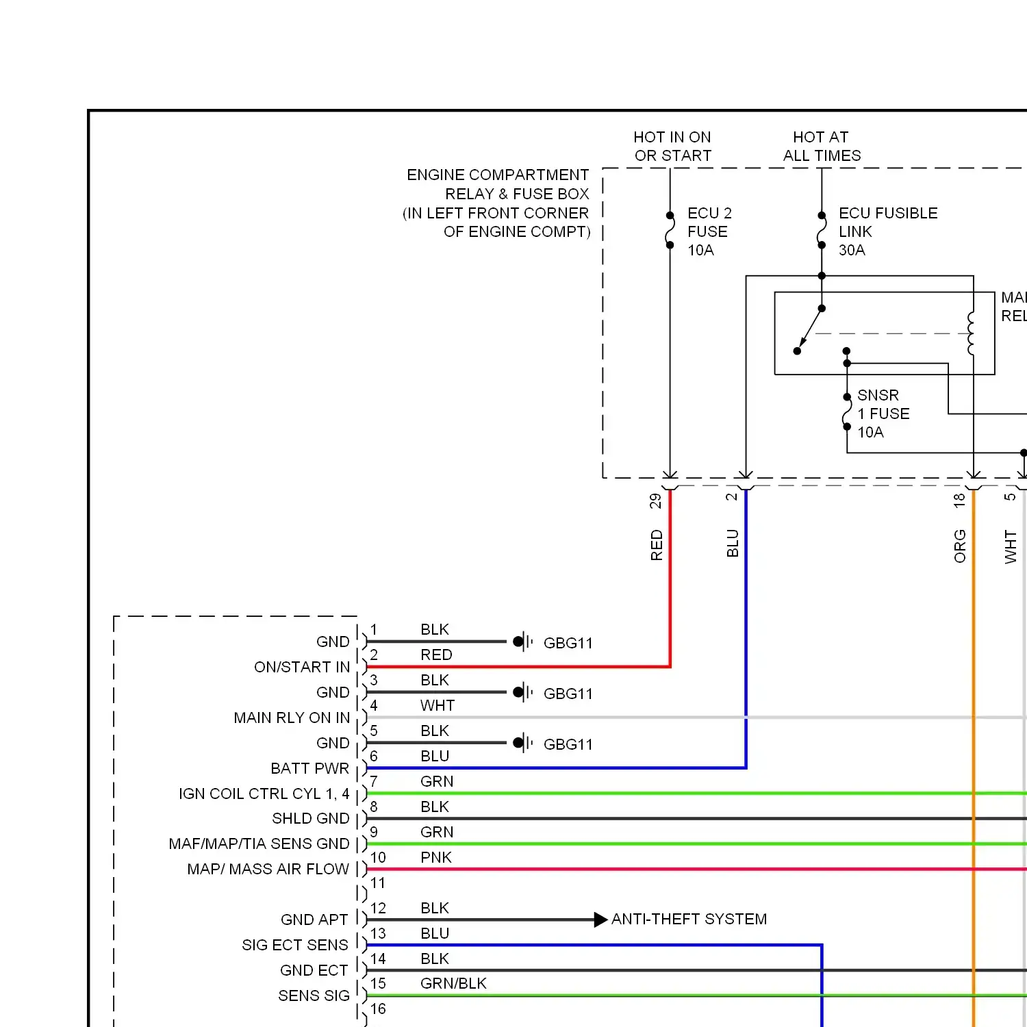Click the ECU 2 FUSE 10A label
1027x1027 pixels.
pyautogui.click(x=709, y=231)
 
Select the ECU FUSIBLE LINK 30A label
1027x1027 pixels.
pyautogui.click(x=888, y=231)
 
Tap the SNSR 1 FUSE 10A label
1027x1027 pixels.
pyautogui.click(x=883, y=414)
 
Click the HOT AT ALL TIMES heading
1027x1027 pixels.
pyautogui.click(x=822, y=147)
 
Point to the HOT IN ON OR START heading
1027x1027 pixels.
pyautogui.click(x=672, y=147)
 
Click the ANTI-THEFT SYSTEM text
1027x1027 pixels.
pyautogui.click(x=689, y=919)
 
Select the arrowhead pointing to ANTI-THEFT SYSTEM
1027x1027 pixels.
pyautogui.click(x=600, y=920)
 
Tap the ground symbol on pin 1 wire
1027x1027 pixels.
pyautogui.click(x=523, y=642)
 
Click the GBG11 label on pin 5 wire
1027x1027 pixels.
pyautogui.click(x=568, y=744)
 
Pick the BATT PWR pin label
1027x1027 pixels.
pyautogui.click(x=310, y=768)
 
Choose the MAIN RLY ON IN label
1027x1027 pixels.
pyautogui.click(x=292, y=718)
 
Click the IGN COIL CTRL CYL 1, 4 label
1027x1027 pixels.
pyautogui.click(x=264, y=794)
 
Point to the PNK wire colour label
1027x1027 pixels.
pyautogui.click(x=436, y=857)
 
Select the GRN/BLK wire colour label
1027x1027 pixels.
pyautogui.click(x=453, y=983)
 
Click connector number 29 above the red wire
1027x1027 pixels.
pyautogui.click(x=655, y=501)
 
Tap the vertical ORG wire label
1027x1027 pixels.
pyautogui.click(x=960, y=546)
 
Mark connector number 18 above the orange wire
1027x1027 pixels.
pyautogui.click(x=959, y=500)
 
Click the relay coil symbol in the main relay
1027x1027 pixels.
pyautogui.click(x=971, y=333)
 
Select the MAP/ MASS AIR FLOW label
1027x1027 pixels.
pyautogui.click(x=268, y=869)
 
